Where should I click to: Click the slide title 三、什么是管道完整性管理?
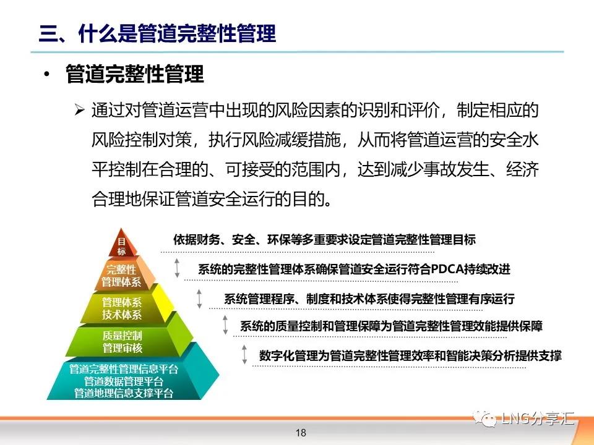157,33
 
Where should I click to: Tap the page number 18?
301,433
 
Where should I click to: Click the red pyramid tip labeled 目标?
121,244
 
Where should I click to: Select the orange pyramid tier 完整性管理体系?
121,276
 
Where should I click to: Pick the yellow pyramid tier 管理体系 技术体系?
122,308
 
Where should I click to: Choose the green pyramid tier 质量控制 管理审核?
123,341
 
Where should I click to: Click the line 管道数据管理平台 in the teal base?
124,381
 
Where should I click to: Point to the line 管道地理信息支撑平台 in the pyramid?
124,393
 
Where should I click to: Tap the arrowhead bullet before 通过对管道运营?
79,110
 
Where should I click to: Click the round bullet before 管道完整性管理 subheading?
46,74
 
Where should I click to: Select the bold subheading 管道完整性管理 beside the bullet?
135,74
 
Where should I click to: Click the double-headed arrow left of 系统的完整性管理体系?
177,268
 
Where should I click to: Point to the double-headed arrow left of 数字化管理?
244,355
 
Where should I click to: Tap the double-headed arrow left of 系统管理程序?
199,299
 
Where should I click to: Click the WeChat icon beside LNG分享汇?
484,419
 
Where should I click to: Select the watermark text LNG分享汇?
538,418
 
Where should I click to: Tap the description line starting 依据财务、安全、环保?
324,240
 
